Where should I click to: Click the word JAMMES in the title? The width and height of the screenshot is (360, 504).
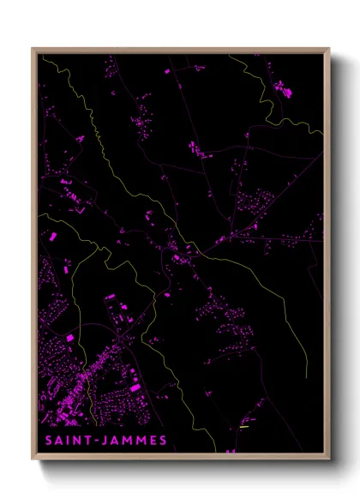click(135, 441)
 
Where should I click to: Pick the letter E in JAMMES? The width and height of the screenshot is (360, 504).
click(152, 441)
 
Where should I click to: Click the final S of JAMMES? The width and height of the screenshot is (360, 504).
click(162, 441)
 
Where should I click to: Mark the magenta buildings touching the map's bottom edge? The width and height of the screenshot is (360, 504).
click(229, 451)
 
